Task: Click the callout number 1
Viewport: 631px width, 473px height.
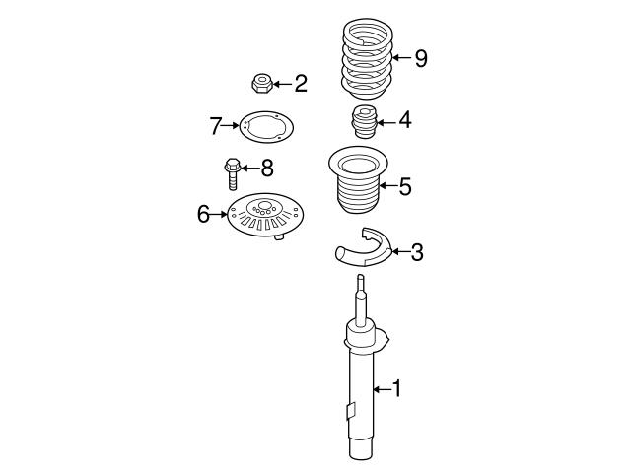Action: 397,390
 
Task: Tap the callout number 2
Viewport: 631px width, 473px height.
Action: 300,83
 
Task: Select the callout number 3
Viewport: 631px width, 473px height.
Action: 417,253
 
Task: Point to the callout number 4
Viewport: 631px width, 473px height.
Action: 405,121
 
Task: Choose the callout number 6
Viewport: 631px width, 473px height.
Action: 203,213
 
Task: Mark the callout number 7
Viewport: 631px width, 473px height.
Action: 216,125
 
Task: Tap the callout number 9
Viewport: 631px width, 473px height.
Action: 421,59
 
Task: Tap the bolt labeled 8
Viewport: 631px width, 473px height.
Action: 233,171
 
